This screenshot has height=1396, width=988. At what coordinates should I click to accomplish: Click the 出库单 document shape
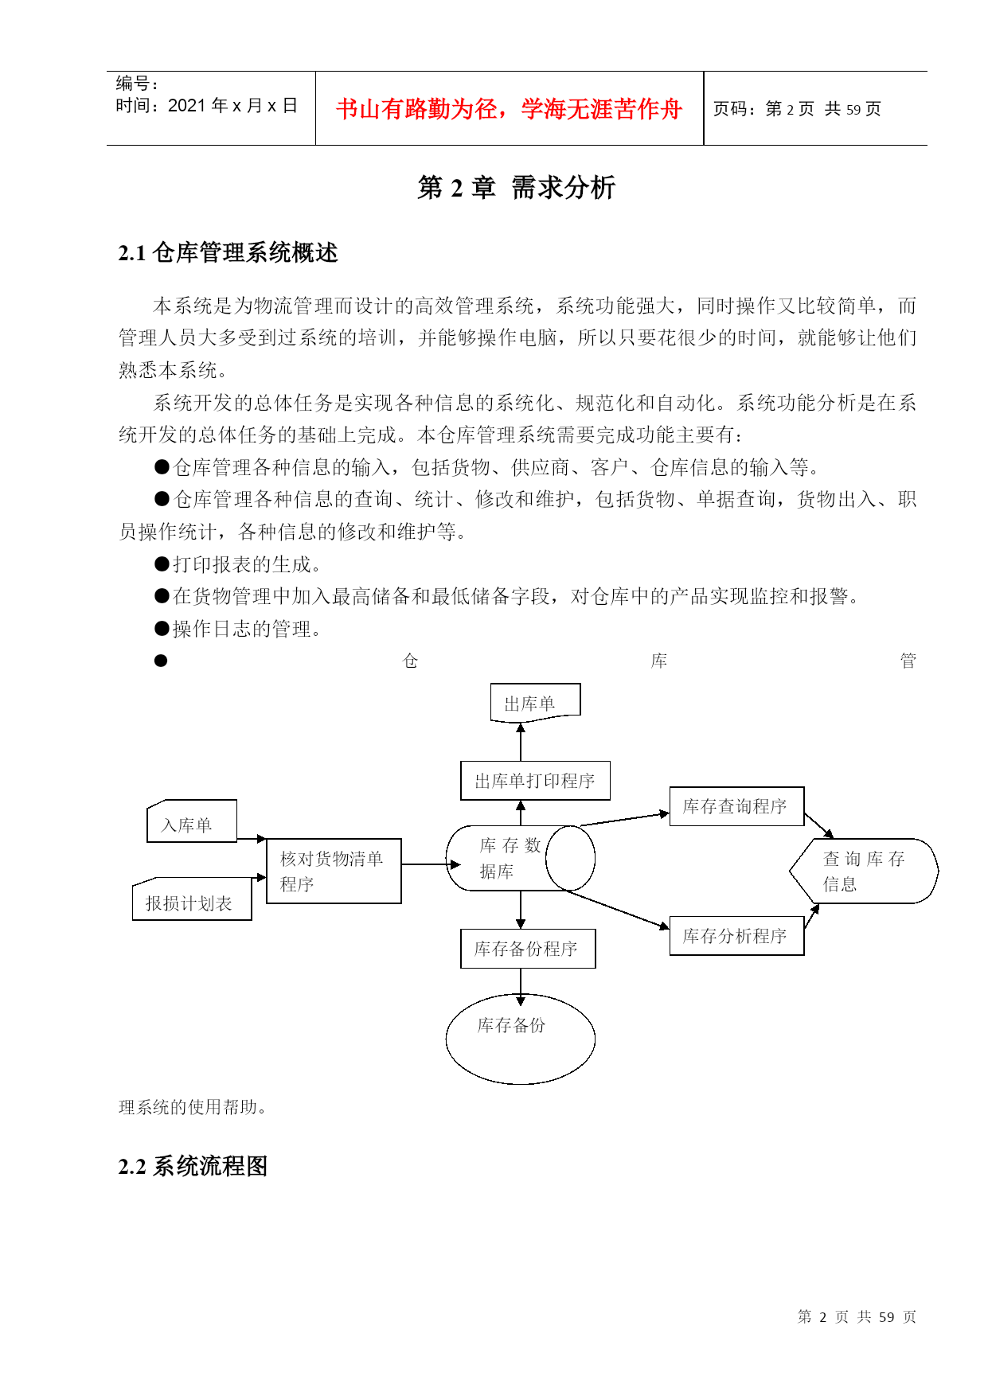(x=535, y=703)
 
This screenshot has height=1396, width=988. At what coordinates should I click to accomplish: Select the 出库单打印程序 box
(x=535, y=781)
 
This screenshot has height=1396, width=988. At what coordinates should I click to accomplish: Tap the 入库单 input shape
(x=192, y=821)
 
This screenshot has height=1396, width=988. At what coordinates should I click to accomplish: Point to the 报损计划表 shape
(x=192, y=899)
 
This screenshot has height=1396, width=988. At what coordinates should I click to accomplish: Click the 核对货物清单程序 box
(x=334, y=871)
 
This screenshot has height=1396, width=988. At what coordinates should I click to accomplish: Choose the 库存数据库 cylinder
(x=521, y=858)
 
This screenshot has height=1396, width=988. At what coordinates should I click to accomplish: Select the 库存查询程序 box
(x=736, y=806)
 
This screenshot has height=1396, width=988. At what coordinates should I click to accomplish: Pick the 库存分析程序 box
(x=736, y=936)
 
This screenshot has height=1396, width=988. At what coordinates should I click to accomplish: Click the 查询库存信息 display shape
(x=864, y=871)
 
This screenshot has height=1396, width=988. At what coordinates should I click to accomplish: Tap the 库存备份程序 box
(x=528, y=949)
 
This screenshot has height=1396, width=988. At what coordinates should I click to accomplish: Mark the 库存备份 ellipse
(x=521, y=1039)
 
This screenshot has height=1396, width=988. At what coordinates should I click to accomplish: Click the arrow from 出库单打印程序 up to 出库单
(x=521, y=742)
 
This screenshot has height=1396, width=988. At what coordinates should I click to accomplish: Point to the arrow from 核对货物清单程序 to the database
(x=431, y=864)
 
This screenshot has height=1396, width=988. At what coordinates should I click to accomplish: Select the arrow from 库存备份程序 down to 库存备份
(x=521, y=987)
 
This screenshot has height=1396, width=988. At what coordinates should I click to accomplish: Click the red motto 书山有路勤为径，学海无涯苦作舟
(x=509, y=109)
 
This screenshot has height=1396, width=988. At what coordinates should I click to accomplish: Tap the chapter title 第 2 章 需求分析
(x=517, y=188)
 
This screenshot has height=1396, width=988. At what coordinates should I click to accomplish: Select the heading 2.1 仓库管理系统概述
(x=228, y=253)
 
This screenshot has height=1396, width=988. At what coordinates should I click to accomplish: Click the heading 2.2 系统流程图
(x=193, y=1167)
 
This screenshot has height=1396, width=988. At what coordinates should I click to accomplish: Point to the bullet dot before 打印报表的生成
(x=162, y=564)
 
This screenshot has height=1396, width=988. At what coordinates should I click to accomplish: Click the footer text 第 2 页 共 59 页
(x=857, y=1317)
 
